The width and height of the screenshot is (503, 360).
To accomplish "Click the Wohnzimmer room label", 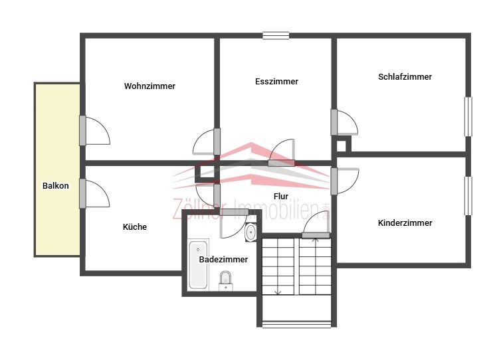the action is pyautogui.click(x=150, y=86).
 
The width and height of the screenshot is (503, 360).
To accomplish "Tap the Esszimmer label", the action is pyautogui.click(x=276, y=82).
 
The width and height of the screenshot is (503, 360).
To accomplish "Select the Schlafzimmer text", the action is pyautogui.click(x=405, y=77).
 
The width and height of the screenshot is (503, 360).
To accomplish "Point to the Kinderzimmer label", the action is pyautogui.click(x=405, y=223).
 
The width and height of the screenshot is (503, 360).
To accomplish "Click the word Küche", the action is pyautogui.click(x=135, y=227).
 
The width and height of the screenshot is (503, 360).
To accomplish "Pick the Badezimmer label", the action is pyautogui.click(x=223, y=259).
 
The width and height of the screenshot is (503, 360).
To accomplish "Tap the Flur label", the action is pyautogui.click(x=280, y=196).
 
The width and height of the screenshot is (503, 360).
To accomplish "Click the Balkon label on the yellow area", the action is pyautogui.click(x=56, y=185).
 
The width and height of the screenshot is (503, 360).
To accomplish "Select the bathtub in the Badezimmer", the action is pyautogui.click(x=198, y=264).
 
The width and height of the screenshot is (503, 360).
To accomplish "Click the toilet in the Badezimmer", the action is pyautogui.click(x=226, y=281).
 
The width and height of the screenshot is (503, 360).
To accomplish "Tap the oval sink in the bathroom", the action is pyautogui.click(x=251, y=232).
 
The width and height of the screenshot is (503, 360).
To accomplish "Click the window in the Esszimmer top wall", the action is pyautogui.click(x=276, y=36).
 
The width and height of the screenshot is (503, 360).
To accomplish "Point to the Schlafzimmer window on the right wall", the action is pyautogui.click(x=468, y=117).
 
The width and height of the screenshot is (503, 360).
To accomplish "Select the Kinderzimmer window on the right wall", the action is pyautogui.click(x=468, y=195).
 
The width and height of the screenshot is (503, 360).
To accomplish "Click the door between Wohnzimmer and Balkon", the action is pyautogui.click(x=83, y=130).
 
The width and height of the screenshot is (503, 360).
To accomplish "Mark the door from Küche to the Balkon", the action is pyautogui.click(x=83, y=194).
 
